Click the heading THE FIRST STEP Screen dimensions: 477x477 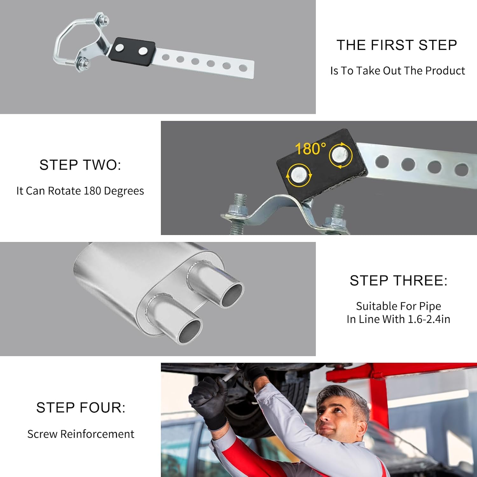tap(397, 45)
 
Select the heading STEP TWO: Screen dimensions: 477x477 tap(80, 165)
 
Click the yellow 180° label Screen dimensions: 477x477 tap(310, 149)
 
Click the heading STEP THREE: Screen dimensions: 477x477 tap(398, 281)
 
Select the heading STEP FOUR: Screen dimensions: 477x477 tap(81, 408)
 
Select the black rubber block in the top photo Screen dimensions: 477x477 tap(132, 52)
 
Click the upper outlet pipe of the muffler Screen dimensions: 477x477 tap(223, 286)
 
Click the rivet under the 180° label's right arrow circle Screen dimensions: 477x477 tap(340, 155)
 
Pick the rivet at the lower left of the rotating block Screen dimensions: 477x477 tap(299, 175)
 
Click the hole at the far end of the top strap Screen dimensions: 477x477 tap(243, 68)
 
